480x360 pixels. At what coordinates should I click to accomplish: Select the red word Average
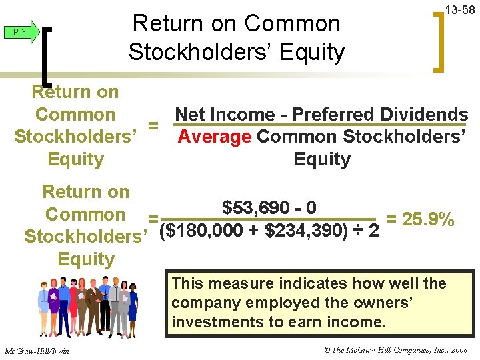point(215,137)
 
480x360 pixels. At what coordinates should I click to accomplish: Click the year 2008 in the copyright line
point(458,351)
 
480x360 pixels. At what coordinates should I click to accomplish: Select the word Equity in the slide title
point(313,51)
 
